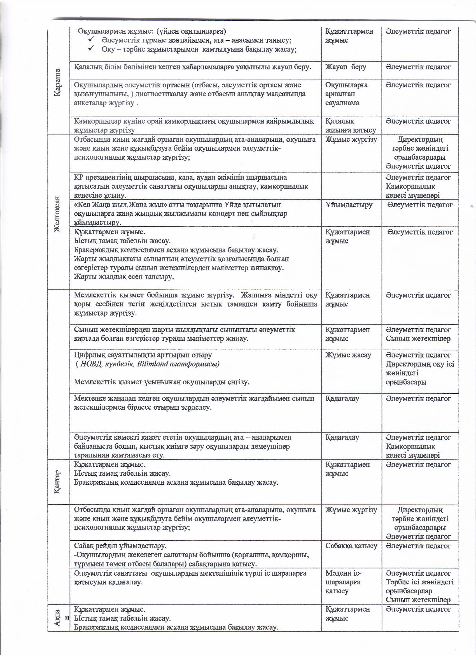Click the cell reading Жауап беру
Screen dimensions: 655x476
click(x=346, y=67)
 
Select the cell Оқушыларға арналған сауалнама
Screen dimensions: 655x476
click(x=346, y=94)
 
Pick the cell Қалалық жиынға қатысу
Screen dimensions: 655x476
click(x=351, y=126)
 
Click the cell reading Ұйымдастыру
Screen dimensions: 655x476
click(x=349, y=205)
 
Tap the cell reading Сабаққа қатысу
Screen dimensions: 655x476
click(x=351, y=546)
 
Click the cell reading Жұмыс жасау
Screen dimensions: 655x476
click(x=348, y=355)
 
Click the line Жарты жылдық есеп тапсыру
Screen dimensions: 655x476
click(x=124, y=277)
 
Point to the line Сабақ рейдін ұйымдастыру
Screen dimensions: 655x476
click(x=120, y=546)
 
